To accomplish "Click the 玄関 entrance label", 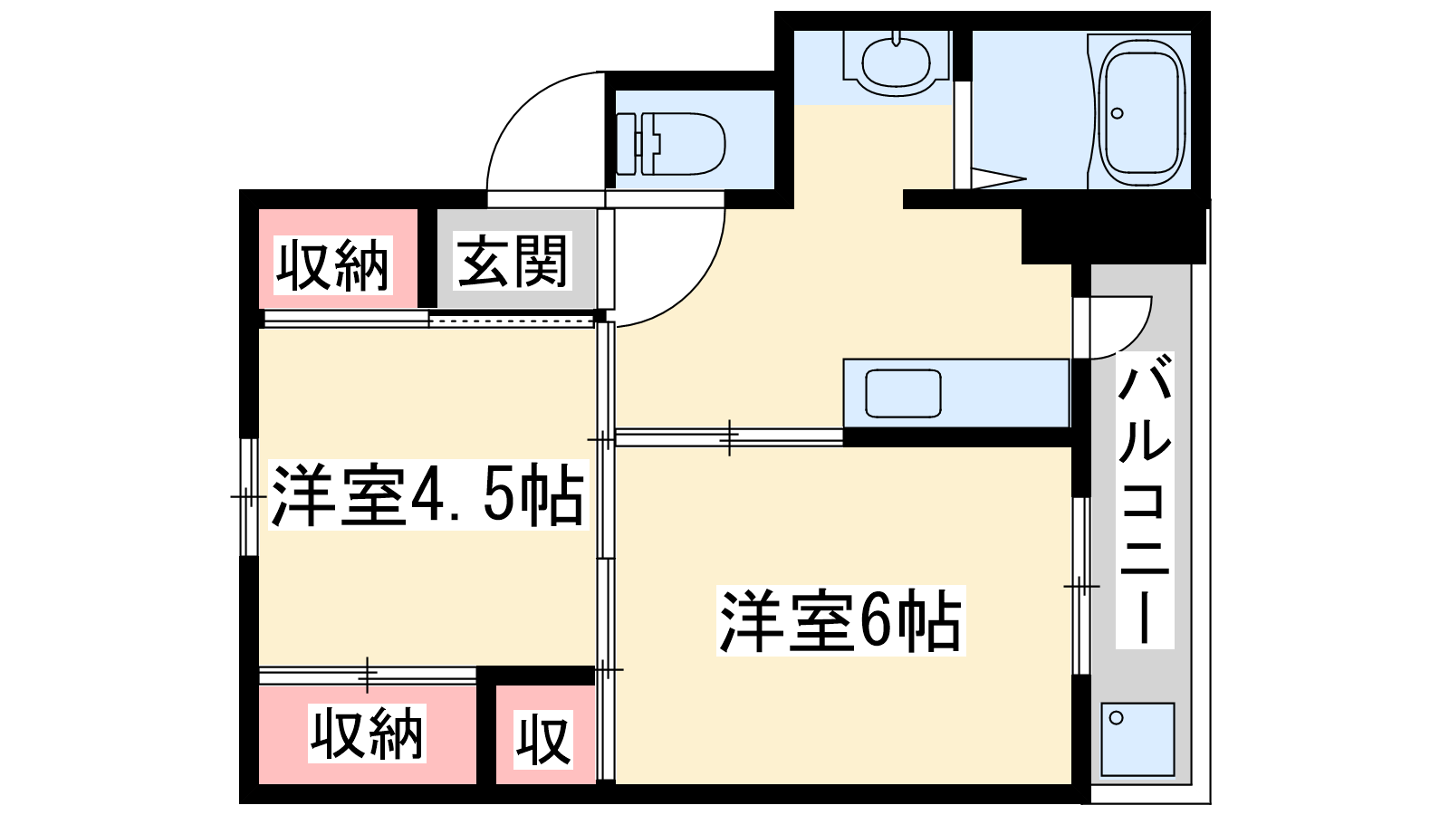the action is click(x=512, y=261).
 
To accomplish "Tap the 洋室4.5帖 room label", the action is click(x=428, y=495).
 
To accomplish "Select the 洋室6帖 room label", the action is click(x=840, y=621).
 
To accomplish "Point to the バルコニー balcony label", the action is click(x=1145, y=500).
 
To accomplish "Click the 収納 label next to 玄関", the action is click(x=332, y=265).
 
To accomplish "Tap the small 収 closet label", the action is click(x=543, y=739).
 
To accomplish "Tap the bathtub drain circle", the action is click(x=1118, y=113).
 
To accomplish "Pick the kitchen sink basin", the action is click(x=903, y=393).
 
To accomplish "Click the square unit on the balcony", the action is click(x=1137, y=739).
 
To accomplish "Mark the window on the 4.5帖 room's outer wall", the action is click(x=249, y=497).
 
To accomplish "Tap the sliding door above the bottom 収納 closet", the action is click(x=368, y=675).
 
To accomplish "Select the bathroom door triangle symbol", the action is click(x=998, y=179).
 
